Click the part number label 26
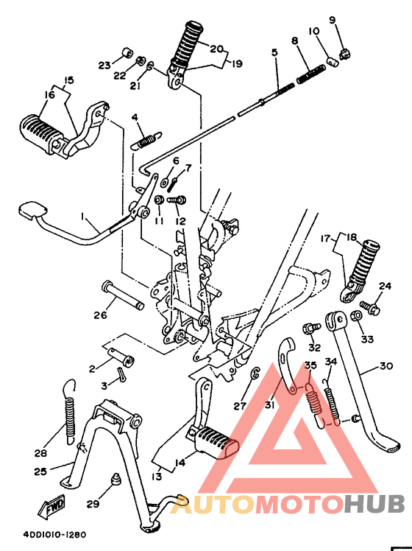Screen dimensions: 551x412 (x=99, y=315)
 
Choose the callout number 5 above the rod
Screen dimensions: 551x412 (x=274, y=53)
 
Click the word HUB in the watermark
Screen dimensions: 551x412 (x=374, y=504)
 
